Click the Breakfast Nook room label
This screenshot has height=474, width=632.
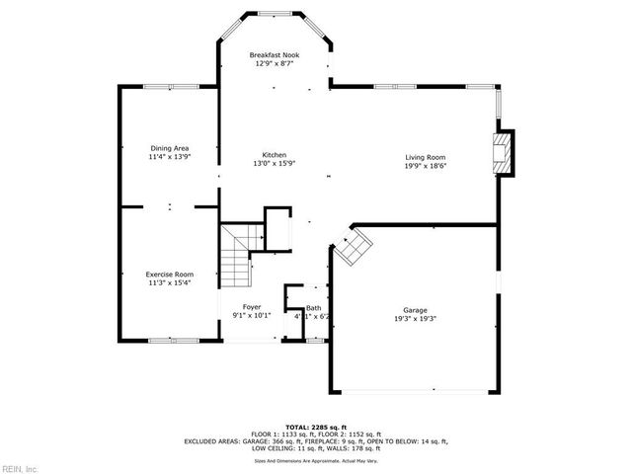click(x=275, y=55)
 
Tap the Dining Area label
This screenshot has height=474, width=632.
click(x=169, y=148)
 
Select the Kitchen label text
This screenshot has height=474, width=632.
click(x=275, y=155)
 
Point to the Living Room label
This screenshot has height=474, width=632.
click(x=426, y=158)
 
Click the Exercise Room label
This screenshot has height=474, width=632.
click(x=169, y=274)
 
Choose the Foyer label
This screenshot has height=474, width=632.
click(x=252, y=307)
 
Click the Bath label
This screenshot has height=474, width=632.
click(x=314, y=308)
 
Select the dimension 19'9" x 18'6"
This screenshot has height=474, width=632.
click(x=426, y=166)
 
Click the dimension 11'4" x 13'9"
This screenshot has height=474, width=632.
click(x=169, y=156)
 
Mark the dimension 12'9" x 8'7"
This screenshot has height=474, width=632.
click(x=275, y=64)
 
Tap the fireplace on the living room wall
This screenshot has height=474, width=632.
click(x=505, y=153)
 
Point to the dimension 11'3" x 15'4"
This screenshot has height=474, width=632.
click(x=169, y=282)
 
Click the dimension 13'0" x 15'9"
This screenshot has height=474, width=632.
click(x=275, y=164)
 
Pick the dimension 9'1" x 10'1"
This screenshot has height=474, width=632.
click(x=252, y=316)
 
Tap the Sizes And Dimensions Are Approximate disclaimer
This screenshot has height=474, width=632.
click(x=316, y=460)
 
